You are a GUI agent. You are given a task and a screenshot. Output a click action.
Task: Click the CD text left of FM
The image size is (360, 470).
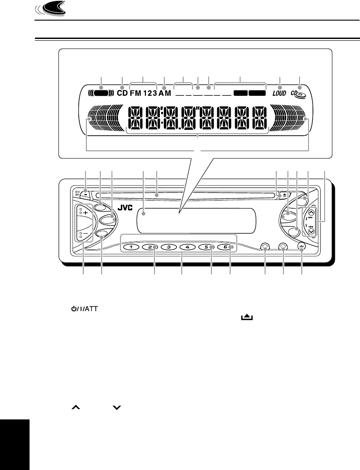[122, 94]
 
